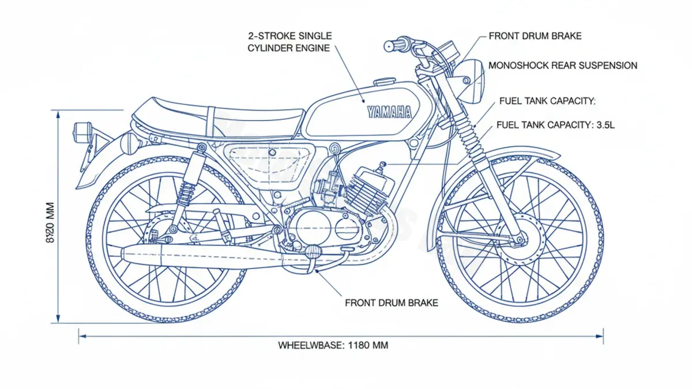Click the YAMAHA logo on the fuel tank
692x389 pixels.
[389, 111]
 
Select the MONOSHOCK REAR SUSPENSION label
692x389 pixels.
[562, 66]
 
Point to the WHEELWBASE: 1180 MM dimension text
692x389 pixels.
[333, 346]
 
